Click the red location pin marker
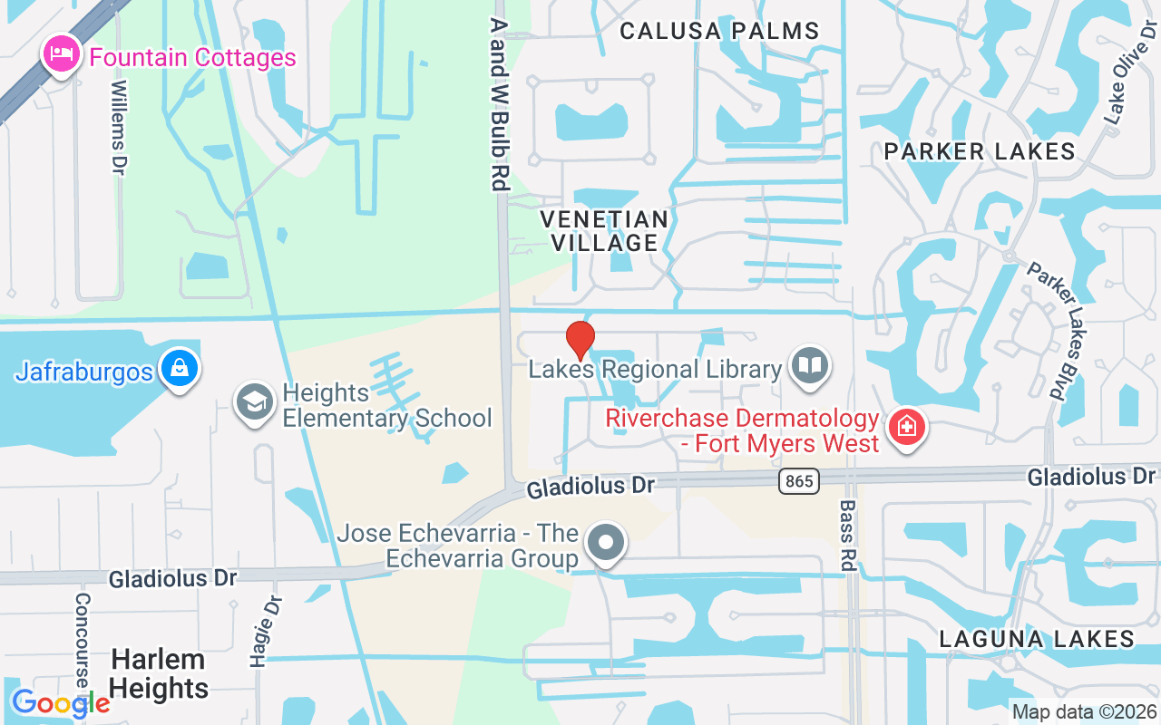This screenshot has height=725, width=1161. coord(580,340)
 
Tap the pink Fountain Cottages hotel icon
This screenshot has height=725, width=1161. coord(61,54)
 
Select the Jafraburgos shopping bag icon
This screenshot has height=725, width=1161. coord(180,368)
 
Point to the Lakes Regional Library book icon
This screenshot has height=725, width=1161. coord(810,366)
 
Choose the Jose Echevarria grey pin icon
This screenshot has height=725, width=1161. coord(605,544)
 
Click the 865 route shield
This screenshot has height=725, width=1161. coord(799,481)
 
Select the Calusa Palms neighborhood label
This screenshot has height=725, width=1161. coord(719,31)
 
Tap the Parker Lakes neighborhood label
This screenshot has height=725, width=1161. coord(980,151)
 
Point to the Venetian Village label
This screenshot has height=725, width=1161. coord(604,231)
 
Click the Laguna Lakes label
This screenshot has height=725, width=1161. coord(1037,639)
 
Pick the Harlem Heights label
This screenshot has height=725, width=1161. coord(160,673)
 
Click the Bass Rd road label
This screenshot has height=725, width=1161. coord(847,535)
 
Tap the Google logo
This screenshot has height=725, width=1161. coord(61,703)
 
